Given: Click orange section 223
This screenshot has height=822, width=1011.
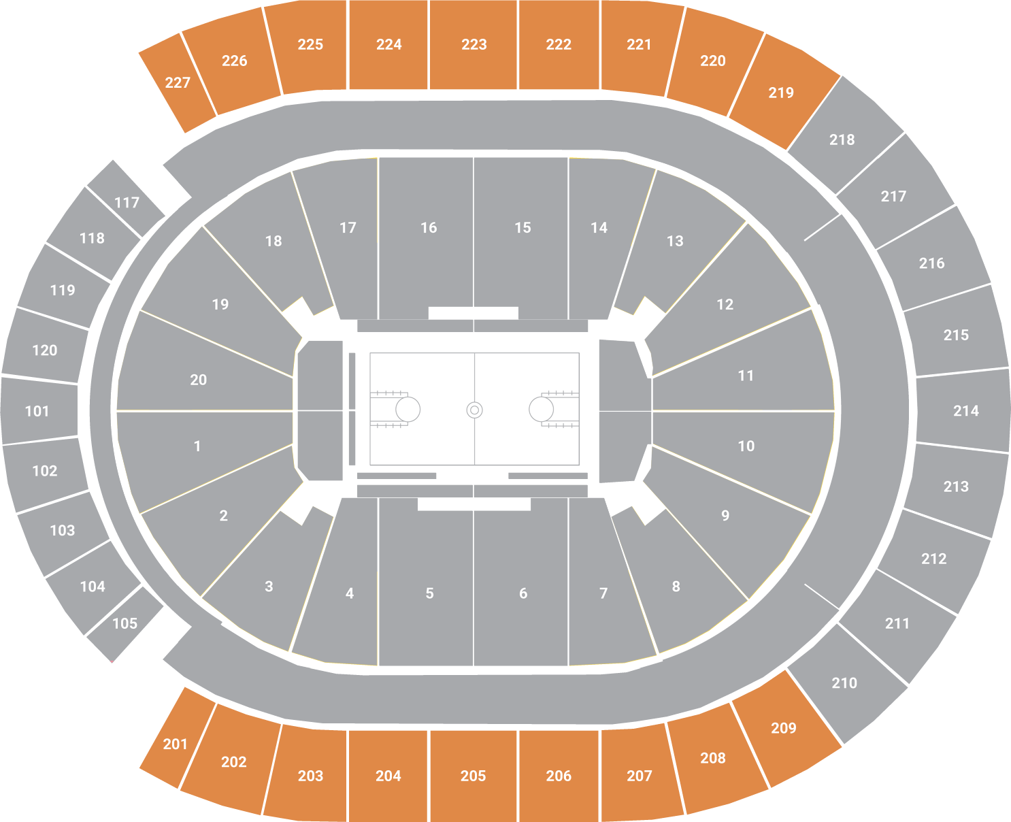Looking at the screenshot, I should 474,45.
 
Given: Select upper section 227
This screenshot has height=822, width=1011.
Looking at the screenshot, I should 178,82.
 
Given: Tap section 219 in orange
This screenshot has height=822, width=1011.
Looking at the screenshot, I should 781,93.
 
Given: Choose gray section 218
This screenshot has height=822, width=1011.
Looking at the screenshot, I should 842,139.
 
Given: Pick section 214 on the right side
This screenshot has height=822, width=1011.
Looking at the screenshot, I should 965,410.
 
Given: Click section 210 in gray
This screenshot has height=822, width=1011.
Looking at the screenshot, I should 844,683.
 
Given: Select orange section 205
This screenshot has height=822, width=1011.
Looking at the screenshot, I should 473,776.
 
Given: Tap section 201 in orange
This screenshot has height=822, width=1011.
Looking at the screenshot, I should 176,744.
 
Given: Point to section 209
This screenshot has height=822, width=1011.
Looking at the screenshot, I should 784,728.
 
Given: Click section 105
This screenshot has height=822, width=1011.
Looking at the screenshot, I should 125,623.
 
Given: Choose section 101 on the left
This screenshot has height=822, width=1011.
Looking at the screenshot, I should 37,411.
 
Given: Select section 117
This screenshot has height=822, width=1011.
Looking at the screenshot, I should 127,202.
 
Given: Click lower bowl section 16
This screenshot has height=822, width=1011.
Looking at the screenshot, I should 429,228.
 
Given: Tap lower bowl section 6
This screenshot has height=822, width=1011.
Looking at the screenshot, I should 523,593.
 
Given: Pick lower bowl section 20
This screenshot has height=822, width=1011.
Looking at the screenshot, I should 199,380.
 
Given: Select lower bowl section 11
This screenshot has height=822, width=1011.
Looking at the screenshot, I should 746,376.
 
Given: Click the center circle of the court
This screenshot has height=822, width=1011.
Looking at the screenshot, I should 474,410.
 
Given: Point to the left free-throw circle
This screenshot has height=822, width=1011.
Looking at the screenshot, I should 408,410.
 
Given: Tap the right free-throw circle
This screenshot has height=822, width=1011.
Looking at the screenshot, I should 541,410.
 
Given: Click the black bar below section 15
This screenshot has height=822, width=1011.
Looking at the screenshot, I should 473,313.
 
